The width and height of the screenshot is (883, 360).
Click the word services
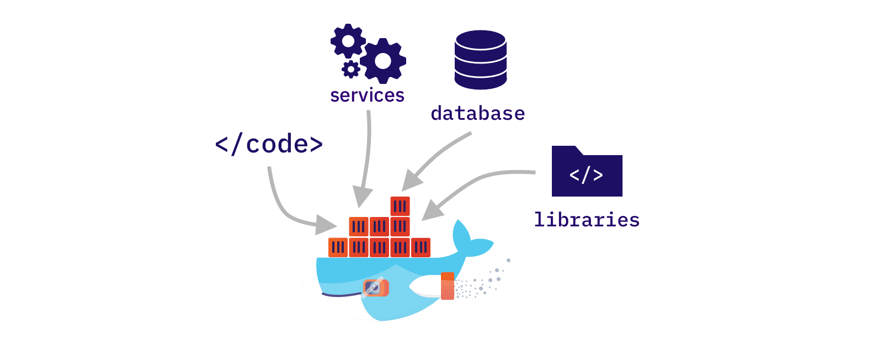367,96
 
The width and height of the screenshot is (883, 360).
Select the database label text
477,113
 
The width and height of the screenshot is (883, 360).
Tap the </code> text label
269,144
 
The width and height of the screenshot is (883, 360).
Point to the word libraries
587,220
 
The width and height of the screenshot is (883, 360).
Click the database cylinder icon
480,60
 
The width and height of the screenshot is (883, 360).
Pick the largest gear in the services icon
383,61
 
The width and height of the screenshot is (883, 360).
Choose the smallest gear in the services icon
350,70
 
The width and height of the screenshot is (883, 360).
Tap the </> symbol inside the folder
586,176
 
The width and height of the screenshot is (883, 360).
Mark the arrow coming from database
436,160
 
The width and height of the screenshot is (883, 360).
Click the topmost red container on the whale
400,207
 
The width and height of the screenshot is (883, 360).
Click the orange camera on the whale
376,288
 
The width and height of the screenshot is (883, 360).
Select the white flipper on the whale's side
425,286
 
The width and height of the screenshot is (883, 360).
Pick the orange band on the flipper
448,286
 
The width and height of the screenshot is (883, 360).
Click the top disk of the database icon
480,40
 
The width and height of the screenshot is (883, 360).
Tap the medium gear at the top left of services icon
348,41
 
